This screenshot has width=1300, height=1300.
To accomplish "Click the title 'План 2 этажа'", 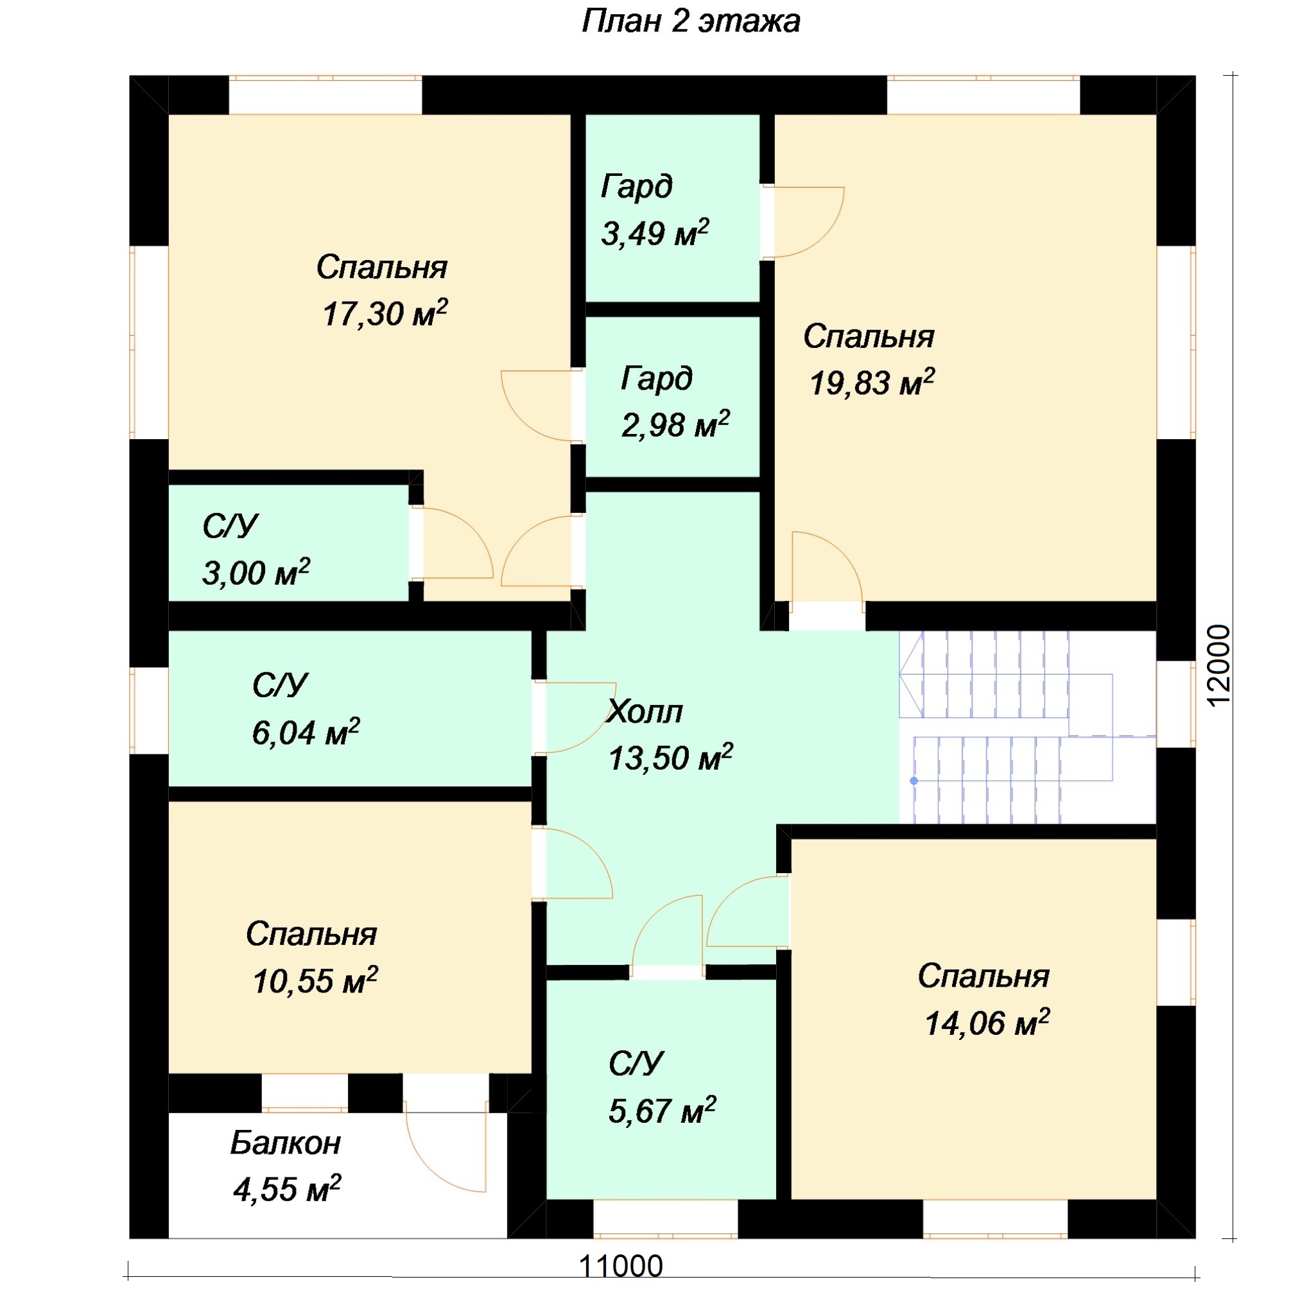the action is click(x=690, y=22).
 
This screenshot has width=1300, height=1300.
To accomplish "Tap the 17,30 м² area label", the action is click(x=385, y=313).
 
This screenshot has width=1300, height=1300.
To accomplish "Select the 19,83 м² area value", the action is click(x=872, y=382).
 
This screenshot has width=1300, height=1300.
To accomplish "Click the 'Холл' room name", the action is click(x=644, y=711).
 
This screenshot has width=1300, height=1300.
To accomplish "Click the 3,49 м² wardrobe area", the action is click(x=655, y=233).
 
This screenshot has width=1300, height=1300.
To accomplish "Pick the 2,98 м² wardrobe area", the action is click(x=675, y=424).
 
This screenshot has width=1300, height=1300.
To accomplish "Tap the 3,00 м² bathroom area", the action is click(x=256, y=573).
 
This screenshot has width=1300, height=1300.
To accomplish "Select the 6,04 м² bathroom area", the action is click(x=306, y=732).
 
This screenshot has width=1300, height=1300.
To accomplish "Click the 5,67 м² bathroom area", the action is click(x=662, y=1110).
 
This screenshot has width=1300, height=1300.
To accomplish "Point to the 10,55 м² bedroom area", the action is click(x=315, y=980).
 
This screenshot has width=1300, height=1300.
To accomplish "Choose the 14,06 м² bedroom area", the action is click(x=987, y=1023).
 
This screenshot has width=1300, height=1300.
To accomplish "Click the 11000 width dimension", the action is click(x=620, y=1266).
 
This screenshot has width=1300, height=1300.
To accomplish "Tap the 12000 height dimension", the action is click(x=1219, y=666).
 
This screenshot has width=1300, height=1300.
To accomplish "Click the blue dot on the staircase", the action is click(x=914, y=781).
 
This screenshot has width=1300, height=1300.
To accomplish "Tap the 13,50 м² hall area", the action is click(x=670, y=758).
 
